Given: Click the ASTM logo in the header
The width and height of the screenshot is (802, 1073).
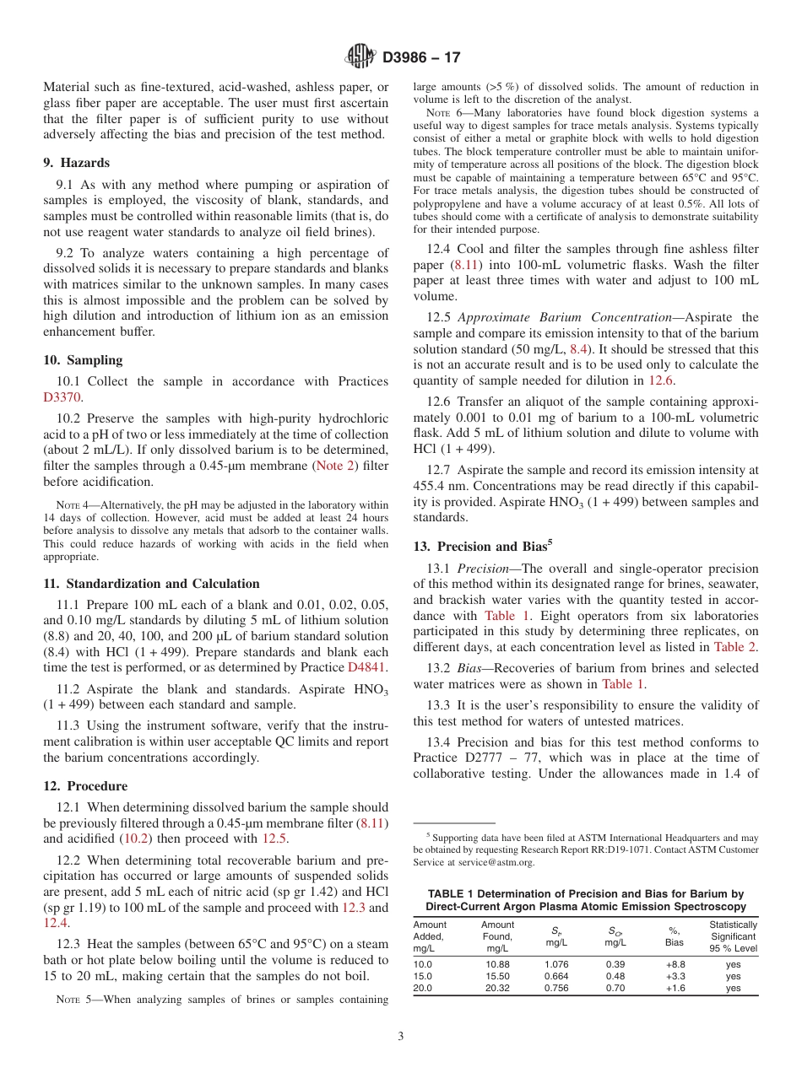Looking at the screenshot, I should (360, 57).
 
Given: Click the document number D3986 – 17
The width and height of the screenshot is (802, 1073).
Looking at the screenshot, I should (421, 58).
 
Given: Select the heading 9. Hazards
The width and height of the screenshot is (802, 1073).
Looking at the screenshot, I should (76, 163).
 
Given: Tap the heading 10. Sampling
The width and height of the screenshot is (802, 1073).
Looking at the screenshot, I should (83, 360).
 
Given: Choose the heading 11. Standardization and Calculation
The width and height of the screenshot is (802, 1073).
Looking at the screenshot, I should (151, 584).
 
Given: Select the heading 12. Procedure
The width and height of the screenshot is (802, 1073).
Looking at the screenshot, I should (85, 786).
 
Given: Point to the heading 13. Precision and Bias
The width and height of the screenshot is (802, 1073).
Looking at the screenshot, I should (482, 546).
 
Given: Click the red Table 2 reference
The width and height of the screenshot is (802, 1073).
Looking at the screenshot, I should (734, 647).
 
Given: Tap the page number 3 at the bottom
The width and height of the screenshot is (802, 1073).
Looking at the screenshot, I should (400, 1036).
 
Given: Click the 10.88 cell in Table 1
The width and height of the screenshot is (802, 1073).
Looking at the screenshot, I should (497, 963).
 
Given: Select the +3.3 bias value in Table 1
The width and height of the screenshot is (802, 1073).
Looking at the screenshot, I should (674, 976).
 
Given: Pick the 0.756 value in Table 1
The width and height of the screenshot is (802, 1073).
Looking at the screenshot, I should (557, 989).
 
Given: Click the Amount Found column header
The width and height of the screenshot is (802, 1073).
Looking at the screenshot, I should (497, 936).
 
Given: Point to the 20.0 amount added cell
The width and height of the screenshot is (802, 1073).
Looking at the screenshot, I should (422, 989).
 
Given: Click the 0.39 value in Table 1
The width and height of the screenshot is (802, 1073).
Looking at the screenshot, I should (615, 963).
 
